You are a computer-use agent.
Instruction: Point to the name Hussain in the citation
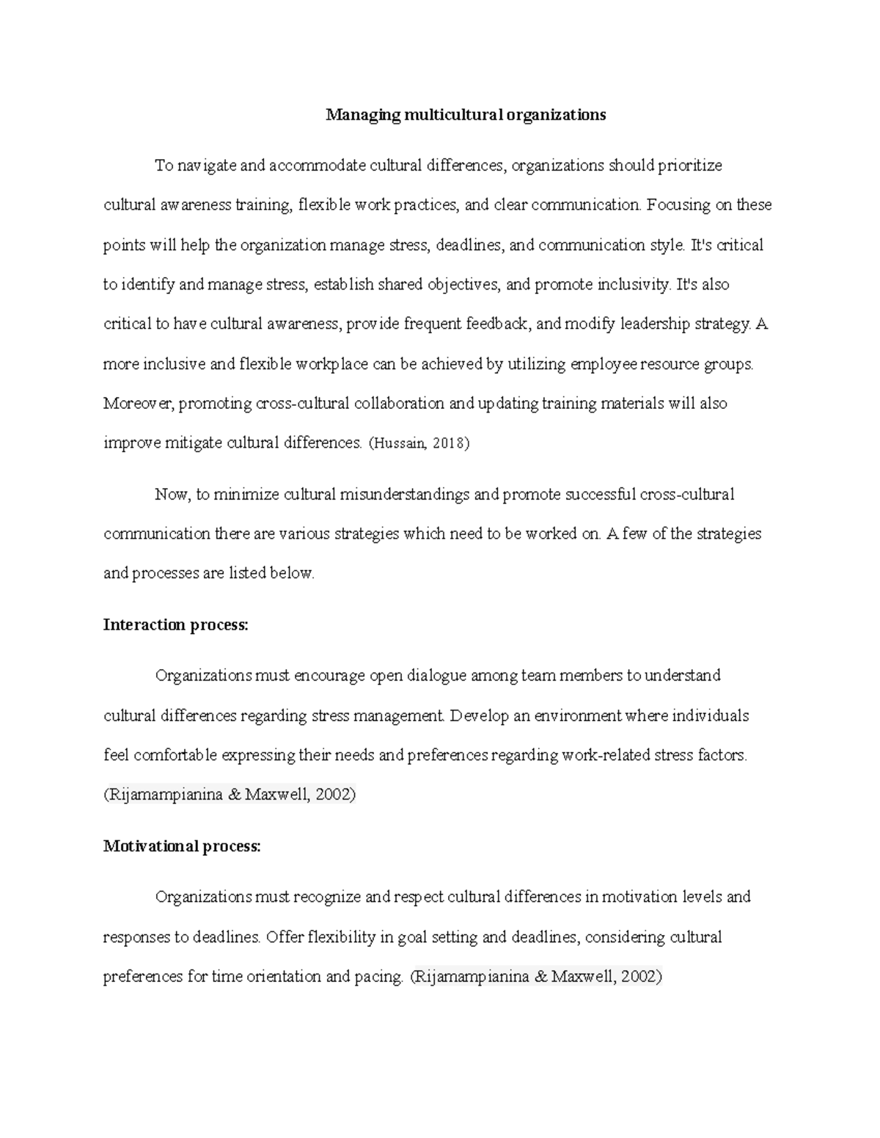(399, 443)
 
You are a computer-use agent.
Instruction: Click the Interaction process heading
(176, 625)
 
